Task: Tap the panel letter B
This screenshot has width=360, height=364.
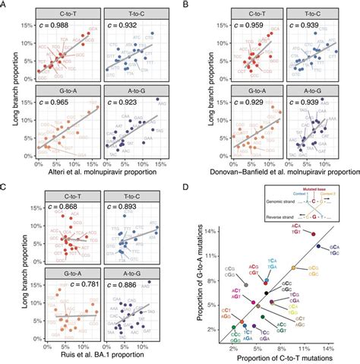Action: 188,5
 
